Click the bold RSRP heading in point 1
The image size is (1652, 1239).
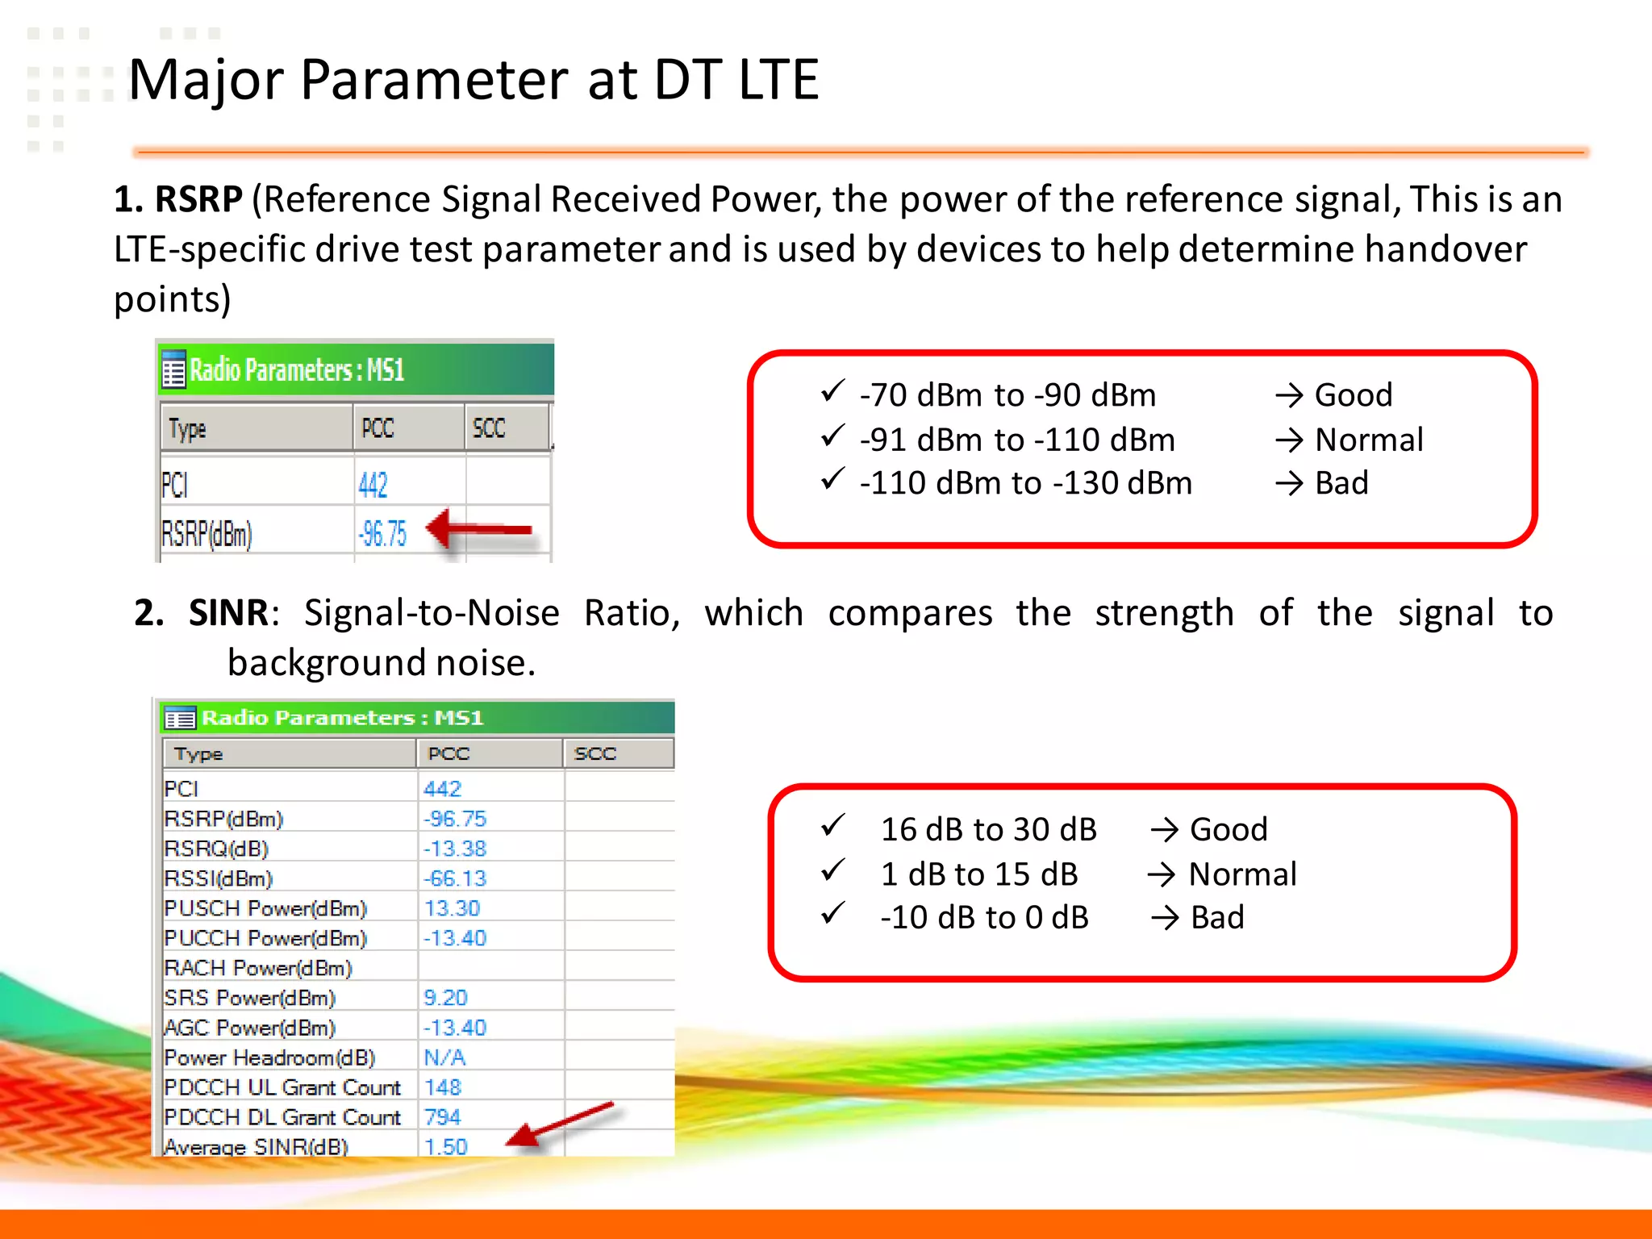click(x=198, y=199)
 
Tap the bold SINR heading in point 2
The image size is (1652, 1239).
click(x=228, y=613)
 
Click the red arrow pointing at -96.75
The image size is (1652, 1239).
click(x=479, y=530)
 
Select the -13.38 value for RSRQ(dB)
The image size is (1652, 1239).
click(x=455, y=849)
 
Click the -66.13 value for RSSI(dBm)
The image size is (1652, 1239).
click(x=455, y=878)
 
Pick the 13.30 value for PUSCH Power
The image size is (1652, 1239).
click(x=452, y=908)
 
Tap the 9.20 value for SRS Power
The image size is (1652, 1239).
click(x=445, y=998)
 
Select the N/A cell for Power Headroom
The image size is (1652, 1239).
click(x=444, y=1058)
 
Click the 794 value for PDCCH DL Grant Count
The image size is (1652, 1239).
click(x=442, y=1117)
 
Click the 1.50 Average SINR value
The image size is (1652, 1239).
click(x=445, y=1146)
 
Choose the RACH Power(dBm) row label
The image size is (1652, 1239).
click(x=258, y=968)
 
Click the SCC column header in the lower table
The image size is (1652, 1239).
click(x=594, y=753)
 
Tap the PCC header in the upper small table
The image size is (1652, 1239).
click(x=378, y=428)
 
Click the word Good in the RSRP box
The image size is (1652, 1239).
click(x=1353, y=395)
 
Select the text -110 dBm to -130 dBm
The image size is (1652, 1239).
click(x=1025, y=483)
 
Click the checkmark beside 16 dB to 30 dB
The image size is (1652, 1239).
click(x=832, y=825)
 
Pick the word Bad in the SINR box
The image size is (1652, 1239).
click(x=1216, y=918)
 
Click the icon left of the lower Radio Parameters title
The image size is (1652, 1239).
click(x=179, y=717)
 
